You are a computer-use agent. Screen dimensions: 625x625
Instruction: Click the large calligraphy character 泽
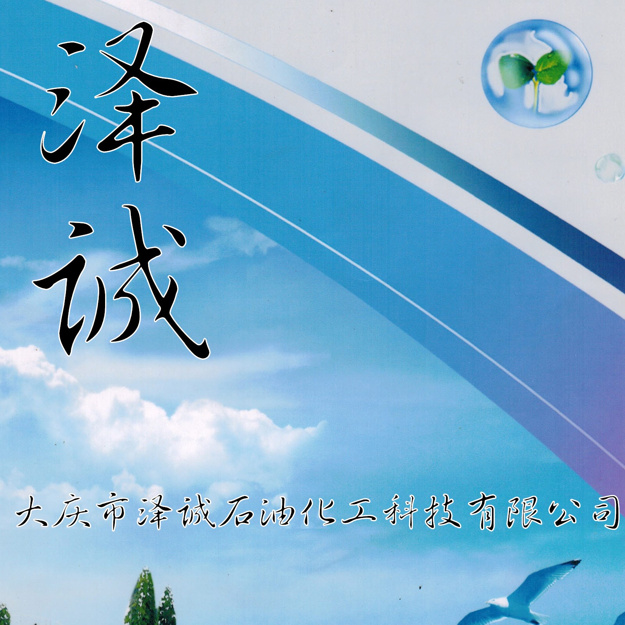click(117, 102)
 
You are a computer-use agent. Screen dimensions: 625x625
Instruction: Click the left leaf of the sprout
click(515, 66)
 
